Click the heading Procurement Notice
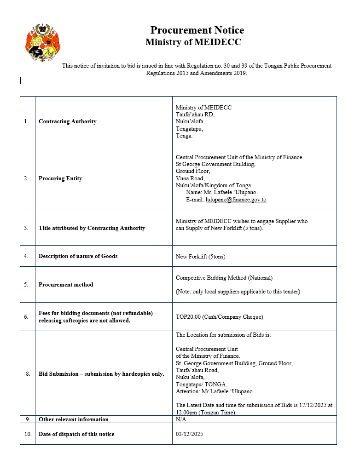click(197, 30)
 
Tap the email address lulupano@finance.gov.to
click(236, 200)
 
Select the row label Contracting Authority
click(68, 121)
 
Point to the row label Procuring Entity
click(60, 178)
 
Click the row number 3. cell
click(27, 228)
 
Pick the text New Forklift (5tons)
click(200, 256)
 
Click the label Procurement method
click(66, 285)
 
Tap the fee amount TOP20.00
click(190, 317)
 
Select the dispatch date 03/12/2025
click(189, 434)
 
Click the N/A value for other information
click(181, 419)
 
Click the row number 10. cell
click(27, 434)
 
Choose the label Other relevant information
click(74, 419)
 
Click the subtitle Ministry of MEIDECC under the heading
click(193, 42)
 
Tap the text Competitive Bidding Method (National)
click(224, 278)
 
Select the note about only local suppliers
click(238, 292)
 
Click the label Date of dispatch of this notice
click(76, 434)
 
